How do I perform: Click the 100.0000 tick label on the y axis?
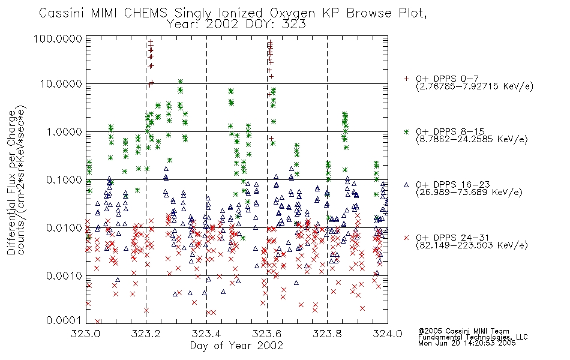point(58,38)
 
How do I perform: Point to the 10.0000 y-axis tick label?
point(61,84)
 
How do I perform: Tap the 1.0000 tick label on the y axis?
point(64,131)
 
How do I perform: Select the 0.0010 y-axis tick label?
point(64,275)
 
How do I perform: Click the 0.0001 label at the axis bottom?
point(64,320)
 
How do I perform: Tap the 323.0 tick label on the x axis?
point(85,334)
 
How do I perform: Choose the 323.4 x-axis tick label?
point(206,334)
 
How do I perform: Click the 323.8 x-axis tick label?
point(327,334)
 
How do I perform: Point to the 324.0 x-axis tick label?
point(388,334)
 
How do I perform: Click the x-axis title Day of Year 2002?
point(236,346)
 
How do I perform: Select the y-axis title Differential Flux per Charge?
point(11,182)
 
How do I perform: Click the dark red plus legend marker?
point(406,79)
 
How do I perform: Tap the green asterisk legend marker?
point(406,131)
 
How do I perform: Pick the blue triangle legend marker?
point(406,185)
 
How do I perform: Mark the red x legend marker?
point(406,238)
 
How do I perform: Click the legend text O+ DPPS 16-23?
point(453,185)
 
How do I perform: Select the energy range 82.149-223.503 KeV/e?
point(472,245)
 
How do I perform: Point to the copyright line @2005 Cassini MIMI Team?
point(464,331)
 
